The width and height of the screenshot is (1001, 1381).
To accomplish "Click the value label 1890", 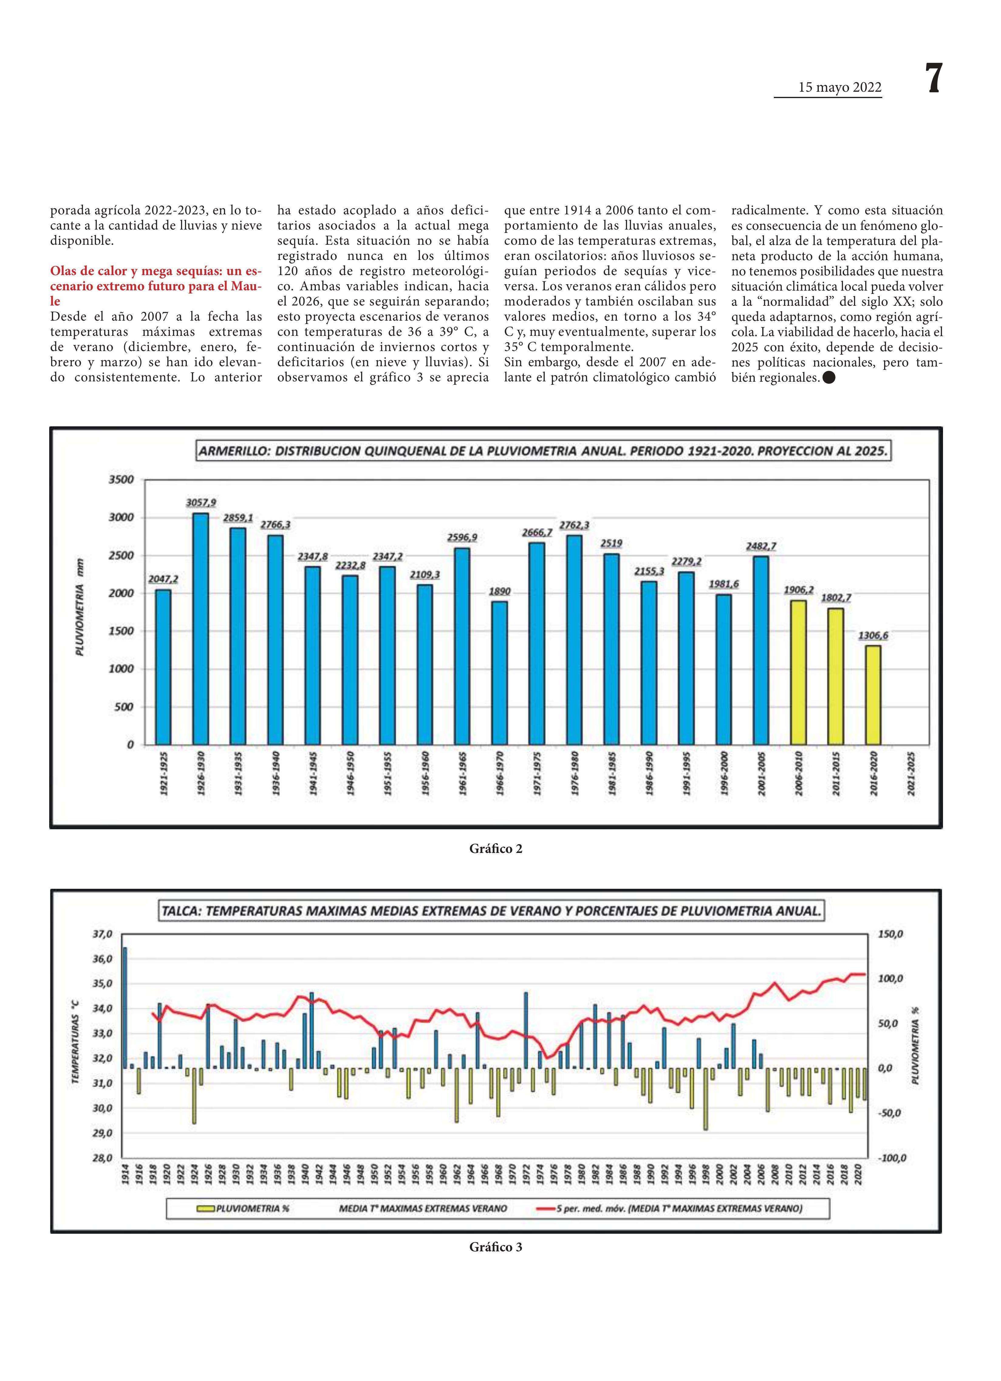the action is click(500, 591).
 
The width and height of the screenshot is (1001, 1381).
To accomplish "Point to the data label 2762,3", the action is click(574, 525).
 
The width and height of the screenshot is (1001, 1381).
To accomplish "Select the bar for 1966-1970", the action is click(499, 673).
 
